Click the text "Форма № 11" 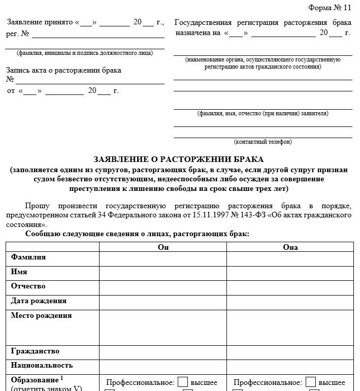330,7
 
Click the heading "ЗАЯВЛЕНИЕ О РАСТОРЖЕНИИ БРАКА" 179,159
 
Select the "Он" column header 163,247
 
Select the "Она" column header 290,247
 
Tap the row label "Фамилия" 28,257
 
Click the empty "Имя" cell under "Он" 163,273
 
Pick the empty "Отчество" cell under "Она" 290,287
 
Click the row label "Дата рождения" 39,301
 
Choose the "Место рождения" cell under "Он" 163,328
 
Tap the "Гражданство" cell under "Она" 290,352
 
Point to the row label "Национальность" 42,366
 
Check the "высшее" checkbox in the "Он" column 183,382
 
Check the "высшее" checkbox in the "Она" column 311,382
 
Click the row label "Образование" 35,380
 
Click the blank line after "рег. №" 98,35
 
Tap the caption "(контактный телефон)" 263,142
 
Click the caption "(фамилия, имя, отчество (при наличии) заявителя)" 263,113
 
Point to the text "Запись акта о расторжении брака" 63,71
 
